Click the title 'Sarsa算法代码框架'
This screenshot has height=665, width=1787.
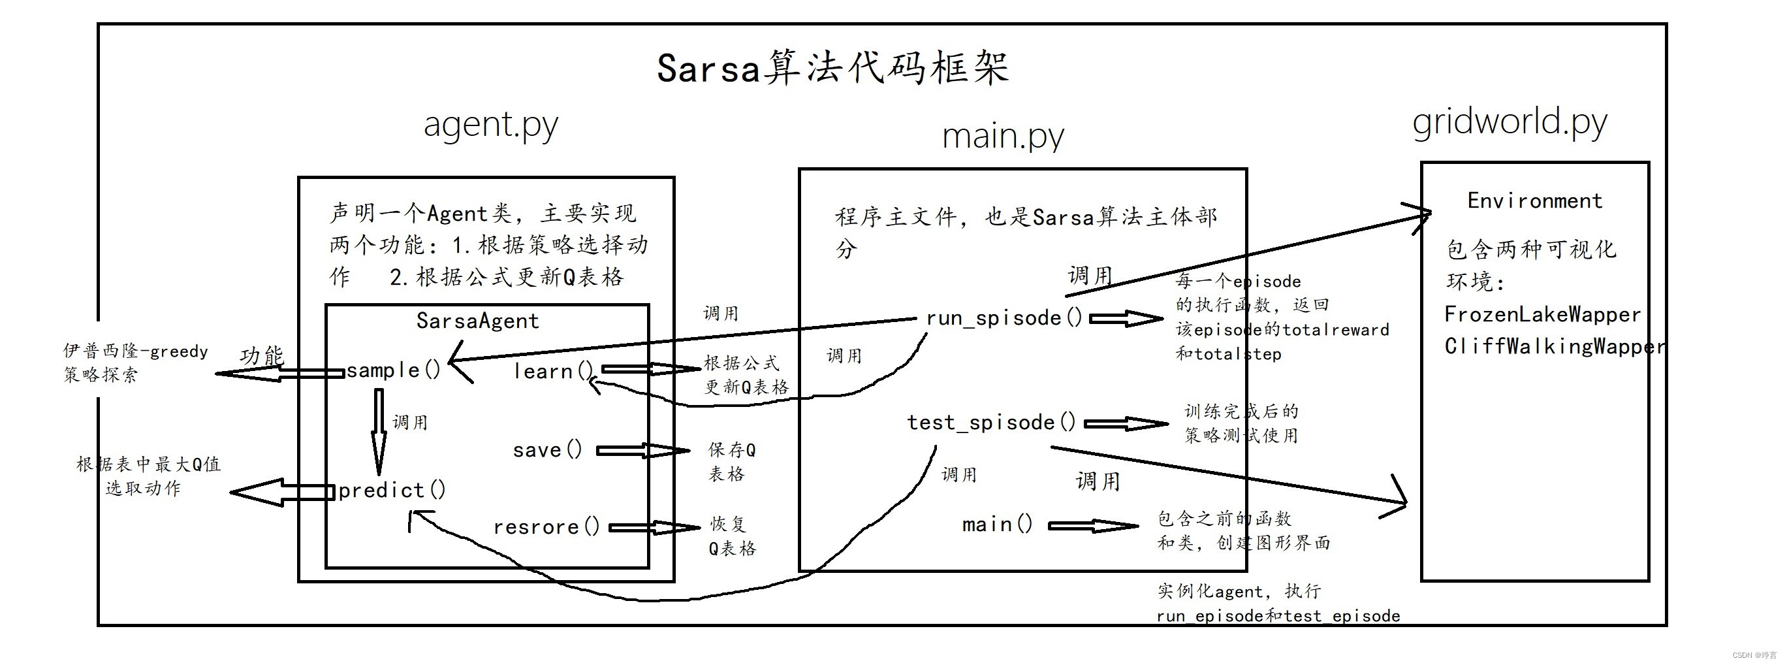[832, 69]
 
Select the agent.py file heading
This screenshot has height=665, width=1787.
[490, 125]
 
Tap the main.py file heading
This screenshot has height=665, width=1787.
[1002, 137]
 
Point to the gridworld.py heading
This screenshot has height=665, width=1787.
[1510, 123]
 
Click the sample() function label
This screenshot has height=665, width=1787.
[393, 370]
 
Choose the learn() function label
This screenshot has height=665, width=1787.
[553, 372]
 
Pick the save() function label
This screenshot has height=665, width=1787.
[547, 451]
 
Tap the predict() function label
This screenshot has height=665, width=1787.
[392, 491]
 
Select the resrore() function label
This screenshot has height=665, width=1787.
[546, 528]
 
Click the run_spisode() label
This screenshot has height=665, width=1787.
[1004, 319]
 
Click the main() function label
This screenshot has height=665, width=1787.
[997, 525]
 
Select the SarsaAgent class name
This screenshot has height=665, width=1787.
[477, 321]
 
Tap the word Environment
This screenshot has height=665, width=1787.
[1534, 201]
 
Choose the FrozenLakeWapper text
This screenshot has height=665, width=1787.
[1542, 315]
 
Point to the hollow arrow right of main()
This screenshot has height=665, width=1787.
[1093, 526]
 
